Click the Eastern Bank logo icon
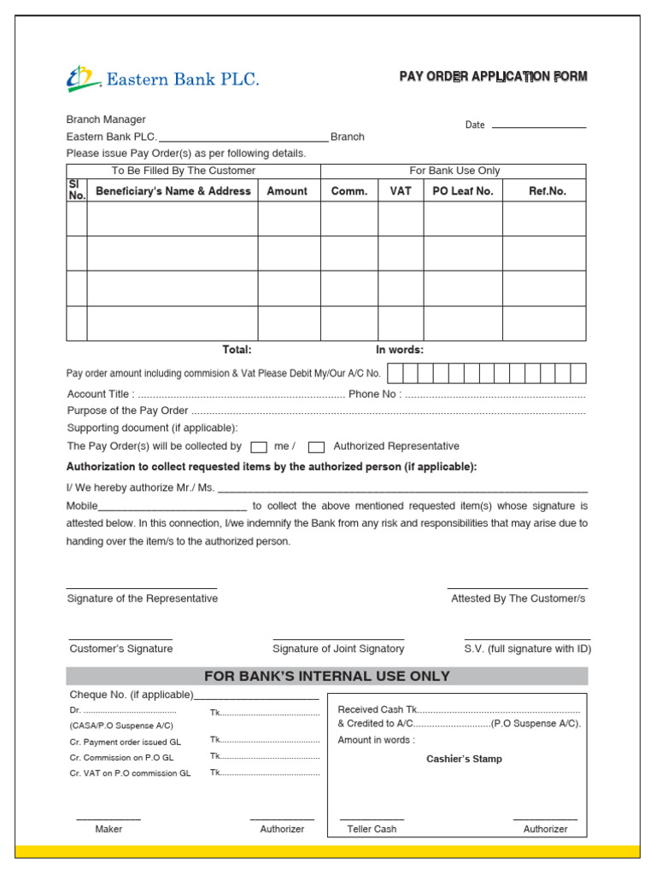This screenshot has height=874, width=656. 83,79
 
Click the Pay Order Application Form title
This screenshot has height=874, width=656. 493,77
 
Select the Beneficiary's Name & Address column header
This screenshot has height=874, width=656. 173,191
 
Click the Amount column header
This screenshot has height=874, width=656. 287,191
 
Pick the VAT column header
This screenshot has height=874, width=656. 401,191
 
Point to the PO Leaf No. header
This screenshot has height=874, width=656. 463,191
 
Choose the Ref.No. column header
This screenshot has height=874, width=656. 548,191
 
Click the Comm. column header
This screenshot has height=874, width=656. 349,191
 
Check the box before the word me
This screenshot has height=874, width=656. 259,446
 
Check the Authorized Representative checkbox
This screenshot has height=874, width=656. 316,446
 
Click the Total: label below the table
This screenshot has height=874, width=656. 237,350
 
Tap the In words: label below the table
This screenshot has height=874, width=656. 400,350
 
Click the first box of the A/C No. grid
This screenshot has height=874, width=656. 395,373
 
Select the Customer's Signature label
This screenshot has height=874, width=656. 121,649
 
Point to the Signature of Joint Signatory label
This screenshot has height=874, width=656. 338,649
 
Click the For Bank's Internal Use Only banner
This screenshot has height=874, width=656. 327,676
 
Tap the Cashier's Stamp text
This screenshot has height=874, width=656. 464,759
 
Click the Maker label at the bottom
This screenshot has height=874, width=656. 108,829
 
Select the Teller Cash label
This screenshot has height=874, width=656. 372,829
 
